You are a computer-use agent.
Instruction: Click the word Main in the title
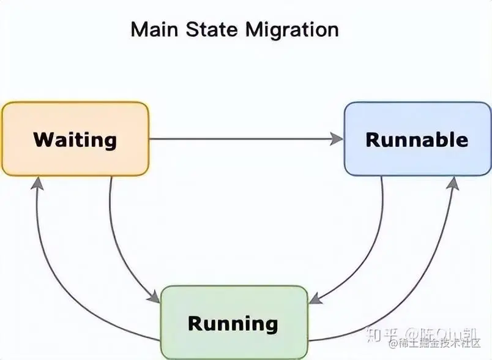click(151, 29)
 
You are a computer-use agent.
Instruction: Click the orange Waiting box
click(75, 139)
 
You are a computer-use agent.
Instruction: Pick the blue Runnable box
click(417, 139)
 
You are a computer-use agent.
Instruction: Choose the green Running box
click(233, 322)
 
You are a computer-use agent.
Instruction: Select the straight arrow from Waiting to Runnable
click(245, 139)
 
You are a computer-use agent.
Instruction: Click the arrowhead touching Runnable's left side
click(337, 139)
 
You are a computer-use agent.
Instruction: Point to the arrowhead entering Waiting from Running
click(37, 182)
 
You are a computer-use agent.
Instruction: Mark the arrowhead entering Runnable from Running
click(453, 182)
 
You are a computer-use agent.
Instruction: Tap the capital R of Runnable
click(372, 139)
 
